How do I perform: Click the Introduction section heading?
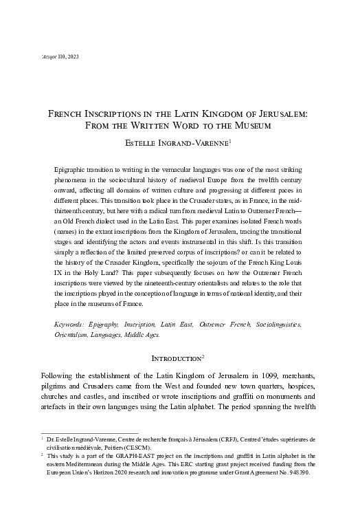click(178, 358)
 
